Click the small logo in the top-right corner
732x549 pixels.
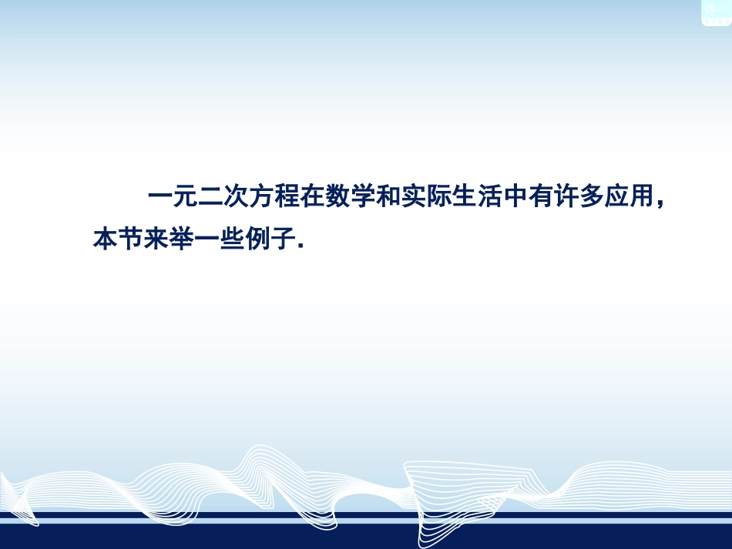[716, 12]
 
